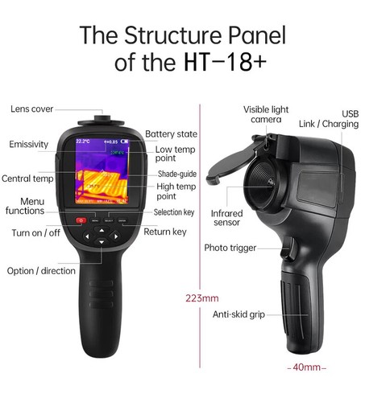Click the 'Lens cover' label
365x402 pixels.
(x=31, y=109)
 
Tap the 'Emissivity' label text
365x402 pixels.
(x=29, y=145)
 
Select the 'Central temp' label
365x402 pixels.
(x=27, y=178)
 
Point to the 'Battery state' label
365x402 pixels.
(x=172, y=134)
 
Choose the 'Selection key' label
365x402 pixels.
(x=174, y=212)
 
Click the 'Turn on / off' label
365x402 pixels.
(x=35, y=233)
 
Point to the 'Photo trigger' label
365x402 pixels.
(x=230, y=248)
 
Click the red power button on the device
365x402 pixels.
(x=81, y=219)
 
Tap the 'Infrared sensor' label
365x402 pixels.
(x=226, y=219)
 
